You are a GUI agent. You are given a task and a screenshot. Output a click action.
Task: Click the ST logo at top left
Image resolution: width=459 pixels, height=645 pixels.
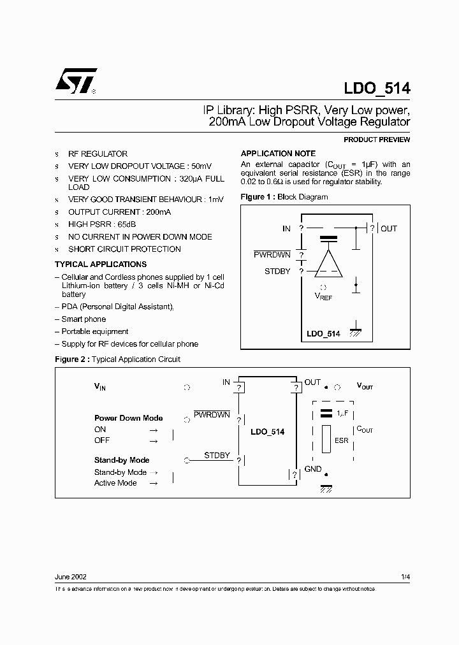pos(75,81)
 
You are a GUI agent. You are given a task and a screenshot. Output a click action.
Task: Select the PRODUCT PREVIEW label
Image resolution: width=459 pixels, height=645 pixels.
pos(377,140)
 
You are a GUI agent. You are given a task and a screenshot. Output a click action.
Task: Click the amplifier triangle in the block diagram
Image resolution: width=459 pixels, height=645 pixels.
pos(329,263)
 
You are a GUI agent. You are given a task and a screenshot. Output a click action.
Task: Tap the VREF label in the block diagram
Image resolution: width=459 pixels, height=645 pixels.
pos(323,296)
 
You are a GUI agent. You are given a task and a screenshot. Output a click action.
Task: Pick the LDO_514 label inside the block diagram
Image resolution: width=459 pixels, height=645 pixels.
pos(323,333)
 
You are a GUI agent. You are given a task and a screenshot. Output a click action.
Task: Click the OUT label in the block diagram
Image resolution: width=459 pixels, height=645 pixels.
pos(388,228)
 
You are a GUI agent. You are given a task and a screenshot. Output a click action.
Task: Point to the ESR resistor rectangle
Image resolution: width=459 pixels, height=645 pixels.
pos(326,440)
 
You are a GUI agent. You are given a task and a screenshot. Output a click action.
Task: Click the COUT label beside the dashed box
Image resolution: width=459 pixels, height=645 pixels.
pos(365,430)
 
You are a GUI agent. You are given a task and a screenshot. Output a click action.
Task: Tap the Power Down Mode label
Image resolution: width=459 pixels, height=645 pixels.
pos(128,418)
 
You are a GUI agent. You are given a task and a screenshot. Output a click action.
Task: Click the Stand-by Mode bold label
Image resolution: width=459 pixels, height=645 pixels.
pos(122,460)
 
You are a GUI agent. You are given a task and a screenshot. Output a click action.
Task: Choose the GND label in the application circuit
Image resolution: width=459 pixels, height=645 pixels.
pos(313,469)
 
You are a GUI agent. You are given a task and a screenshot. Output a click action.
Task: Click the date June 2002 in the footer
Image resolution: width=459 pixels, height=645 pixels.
pos(71,577)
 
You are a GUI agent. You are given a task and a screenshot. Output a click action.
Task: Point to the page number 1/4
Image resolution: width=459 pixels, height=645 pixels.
pos(405,577)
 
